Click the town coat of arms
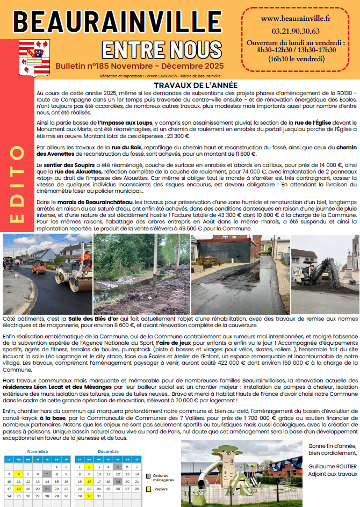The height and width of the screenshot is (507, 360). [35, 57]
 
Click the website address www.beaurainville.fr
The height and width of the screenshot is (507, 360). [296, 19]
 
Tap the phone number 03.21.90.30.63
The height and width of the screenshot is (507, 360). [296, 31]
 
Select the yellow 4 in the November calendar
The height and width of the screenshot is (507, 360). [18, 474]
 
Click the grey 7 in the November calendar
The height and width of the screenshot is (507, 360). [47, 474]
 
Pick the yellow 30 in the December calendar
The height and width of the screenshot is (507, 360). [88, 496]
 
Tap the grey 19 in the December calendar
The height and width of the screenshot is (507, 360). [118, 482]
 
